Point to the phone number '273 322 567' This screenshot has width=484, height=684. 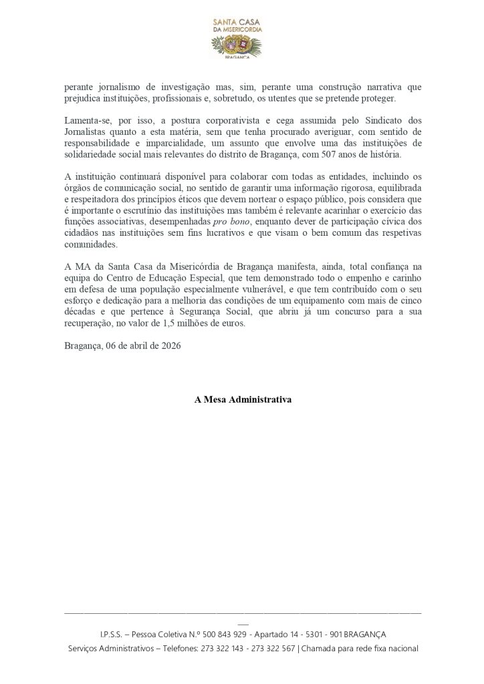pyautogui.click(x=271, y=649)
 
